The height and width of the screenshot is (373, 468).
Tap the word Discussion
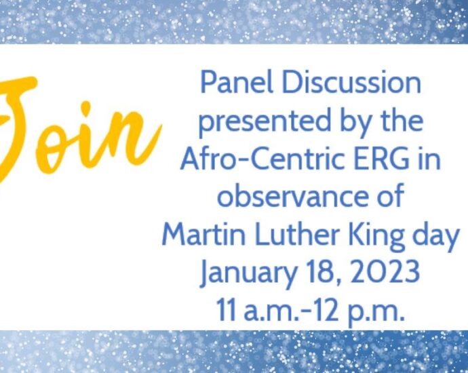click(x=351, y=83)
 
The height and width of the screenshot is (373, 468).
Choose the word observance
click(x=292, y=197)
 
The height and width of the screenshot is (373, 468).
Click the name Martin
click(x=203, y=235)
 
